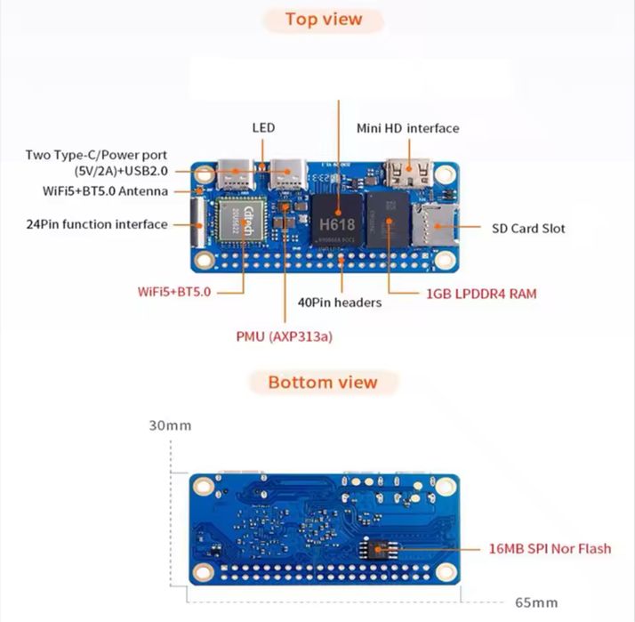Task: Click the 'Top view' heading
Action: [324, 20]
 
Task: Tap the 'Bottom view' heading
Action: [323, 383]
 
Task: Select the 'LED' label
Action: [263, 128]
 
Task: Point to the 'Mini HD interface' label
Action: [408, 128]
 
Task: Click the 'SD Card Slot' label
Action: [528, 228]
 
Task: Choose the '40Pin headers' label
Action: [340, 303]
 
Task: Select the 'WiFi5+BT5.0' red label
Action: [174, 291]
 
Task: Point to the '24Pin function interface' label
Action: [97, 224]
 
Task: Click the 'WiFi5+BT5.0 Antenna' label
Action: [105, 190]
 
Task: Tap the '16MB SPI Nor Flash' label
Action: [551, 548]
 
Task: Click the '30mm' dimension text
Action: [170, 424]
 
